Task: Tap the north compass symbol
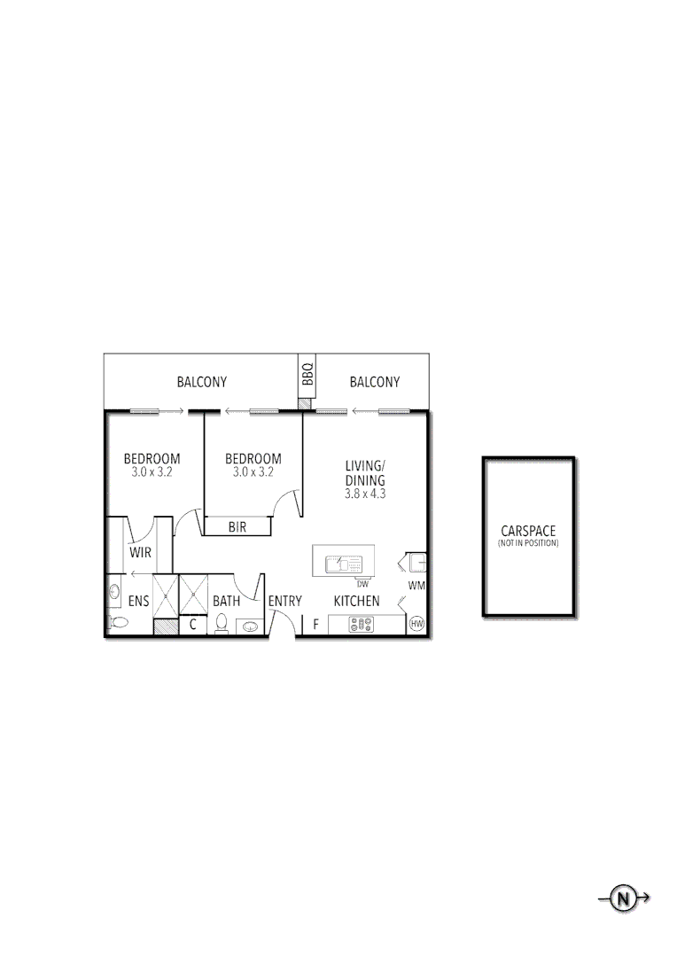click(x=625, y=899)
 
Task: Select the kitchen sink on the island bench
click(x=343, y=563)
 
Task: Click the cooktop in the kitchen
click(x=361, y=624)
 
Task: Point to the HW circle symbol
click(x=417, y=624)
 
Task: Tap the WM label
click(x=416, y=586)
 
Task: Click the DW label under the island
click(x=362, y=584)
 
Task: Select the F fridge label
click(x=315, y=624)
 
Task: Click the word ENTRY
click(x=285, y=601)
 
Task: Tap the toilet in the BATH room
click(x=221, y=624)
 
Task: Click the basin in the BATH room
click(x=249, y=626)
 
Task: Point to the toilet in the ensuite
click(x=116, y=622)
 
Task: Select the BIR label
click(x=237, y=526)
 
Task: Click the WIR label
click(x=139, y=552)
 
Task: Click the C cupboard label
click(x=193, y=624)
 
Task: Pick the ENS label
click(x=138, y=601)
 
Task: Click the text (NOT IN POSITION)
click(x=528, y=543)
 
